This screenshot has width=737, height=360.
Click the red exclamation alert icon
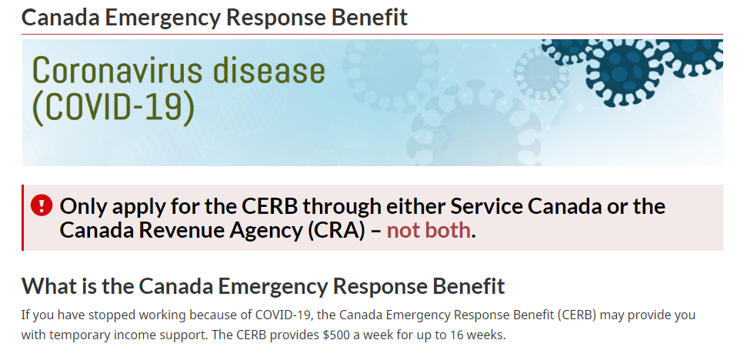42,205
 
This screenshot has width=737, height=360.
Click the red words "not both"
429,230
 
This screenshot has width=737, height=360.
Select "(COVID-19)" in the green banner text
113,107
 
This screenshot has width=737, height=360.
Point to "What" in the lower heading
46,285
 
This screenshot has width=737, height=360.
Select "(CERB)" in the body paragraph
577,315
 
